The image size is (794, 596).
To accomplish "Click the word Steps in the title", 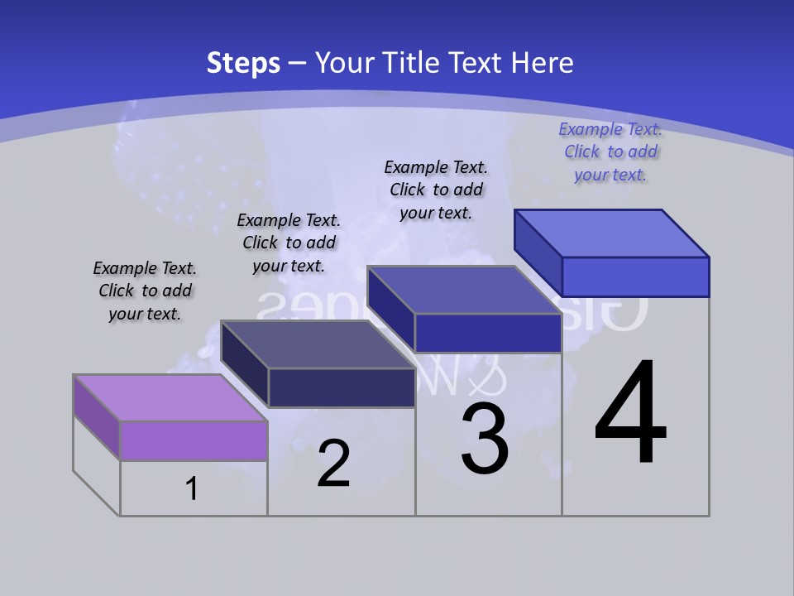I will click(x=243, y=63).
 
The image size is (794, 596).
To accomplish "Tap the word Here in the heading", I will click(x=543, y=63).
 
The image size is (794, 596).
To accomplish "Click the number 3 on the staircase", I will click(x=485, y=439).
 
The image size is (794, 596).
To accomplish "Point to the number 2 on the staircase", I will click(x=333, y=464).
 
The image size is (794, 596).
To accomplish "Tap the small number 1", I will click(x=192, y=488).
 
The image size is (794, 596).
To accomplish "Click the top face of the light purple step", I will click(x=170, y=398).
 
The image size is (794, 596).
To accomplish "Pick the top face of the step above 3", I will click(x=464, y=290).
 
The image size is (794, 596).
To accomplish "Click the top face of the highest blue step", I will click(x=612, y=233).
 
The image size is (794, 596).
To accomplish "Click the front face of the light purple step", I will click(x=194, y=440).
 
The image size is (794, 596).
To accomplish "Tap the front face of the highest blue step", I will click(x=635, y=276).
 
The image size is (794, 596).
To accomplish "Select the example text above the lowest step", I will click(x=145, y=291).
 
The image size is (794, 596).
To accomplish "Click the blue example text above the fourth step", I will click(x=611, y=151).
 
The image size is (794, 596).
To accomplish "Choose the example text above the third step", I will click(x=436, y=190).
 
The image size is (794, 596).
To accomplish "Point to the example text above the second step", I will click(x=289, y=243).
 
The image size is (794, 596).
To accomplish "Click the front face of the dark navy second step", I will click(x=342, y=387).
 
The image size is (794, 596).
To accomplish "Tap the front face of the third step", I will click(x=488, y=333).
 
